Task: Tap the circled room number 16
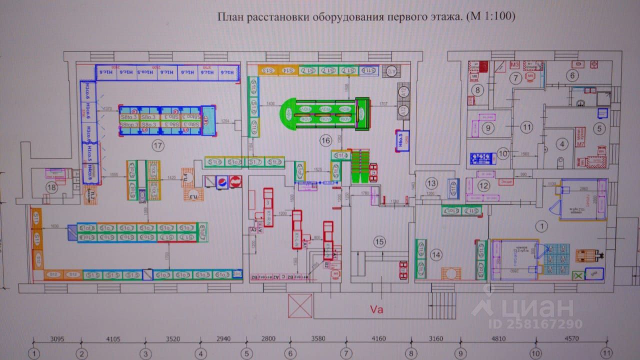click(x=326, y=141)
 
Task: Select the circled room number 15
click(x=380, y=242)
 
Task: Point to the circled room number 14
click(x=437, y=255)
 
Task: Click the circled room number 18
click(x=51, y=187)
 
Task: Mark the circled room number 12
click(x=483, y=186)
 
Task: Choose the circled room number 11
click(x=526, y=127)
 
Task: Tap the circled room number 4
click(x=563, y=144)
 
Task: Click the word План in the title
click(x=228, y=17)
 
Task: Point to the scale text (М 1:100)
click(x=490, y=17)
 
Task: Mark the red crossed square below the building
click(x=300, y=305)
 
